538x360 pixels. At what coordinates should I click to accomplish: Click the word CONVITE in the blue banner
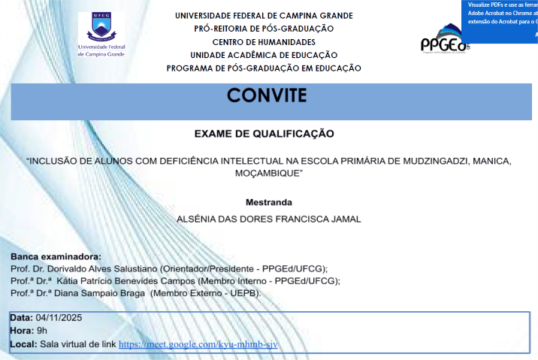(x=267, y=96)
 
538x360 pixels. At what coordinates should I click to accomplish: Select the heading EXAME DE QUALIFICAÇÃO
(x=264, y=134)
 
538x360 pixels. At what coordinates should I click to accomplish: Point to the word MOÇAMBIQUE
(x=267, y=173)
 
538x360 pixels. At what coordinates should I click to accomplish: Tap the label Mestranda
(x=268, y=202)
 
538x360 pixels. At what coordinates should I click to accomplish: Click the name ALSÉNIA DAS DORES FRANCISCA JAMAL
(x=268, y=219)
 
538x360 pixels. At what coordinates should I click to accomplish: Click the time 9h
(x=41, y=331)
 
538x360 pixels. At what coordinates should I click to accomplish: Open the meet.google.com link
(x=198, y=344)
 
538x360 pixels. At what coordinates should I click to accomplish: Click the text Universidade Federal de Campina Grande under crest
(x=101, y=50)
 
